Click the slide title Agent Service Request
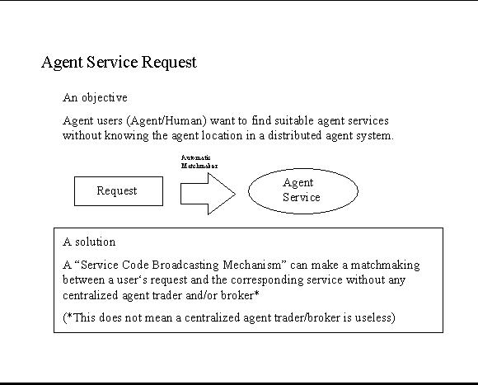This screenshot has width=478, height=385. coord(119,63)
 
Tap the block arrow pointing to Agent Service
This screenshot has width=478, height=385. coord(208,194)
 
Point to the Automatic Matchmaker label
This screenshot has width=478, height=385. coord(199,162)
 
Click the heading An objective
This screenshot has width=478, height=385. coord(95,98)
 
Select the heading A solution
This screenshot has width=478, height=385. coord(89,242)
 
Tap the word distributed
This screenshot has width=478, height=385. coord(294,135)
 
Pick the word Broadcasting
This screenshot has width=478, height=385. coord(185,265)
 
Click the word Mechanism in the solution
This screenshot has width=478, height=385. coord(255,265)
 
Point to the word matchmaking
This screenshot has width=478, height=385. coord(386,265)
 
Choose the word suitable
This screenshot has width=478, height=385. coord(294,120)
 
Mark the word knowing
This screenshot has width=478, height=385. coord(126,136)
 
